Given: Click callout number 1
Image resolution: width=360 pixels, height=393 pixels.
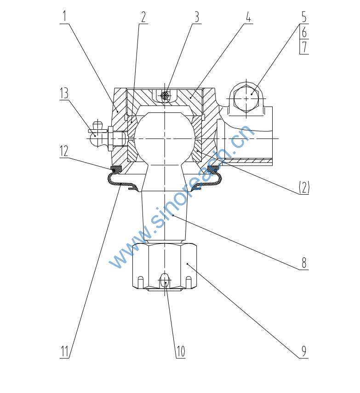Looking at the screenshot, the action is click(64, 16).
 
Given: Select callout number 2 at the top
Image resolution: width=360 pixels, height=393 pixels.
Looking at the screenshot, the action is click(143, 17).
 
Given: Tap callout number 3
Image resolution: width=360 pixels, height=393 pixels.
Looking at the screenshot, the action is click(197, 17).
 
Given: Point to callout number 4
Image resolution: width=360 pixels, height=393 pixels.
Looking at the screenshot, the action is click(248, 17).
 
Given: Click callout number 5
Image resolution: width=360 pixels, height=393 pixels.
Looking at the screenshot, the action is click(304, 17).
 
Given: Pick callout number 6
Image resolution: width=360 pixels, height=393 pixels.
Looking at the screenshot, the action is click(304, 32).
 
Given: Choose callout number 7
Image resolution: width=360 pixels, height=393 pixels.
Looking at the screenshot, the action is click(304, 47).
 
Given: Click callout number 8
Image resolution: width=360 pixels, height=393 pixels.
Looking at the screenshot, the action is click(304, 263).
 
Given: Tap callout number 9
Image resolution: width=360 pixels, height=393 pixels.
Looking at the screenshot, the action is click(304, 351).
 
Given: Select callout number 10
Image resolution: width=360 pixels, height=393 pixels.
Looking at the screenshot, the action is click(181, 351).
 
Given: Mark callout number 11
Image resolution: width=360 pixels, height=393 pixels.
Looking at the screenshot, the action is click(64, 351).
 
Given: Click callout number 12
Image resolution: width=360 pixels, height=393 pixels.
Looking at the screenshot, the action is click(64, 151).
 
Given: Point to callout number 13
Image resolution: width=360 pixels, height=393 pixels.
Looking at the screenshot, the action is click(64, 93).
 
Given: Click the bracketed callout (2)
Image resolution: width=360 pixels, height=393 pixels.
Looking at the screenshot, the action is click(304, 187).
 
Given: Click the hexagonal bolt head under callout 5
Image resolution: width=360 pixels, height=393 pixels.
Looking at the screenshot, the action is click(246, 99).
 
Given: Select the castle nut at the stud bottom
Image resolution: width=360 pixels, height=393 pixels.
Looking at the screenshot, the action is click(165, 267).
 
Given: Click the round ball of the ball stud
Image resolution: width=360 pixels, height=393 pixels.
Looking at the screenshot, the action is click(165, 139).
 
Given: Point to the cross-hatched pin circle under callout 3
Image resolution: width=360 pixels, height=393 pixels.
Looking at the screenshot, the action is click(165, 96).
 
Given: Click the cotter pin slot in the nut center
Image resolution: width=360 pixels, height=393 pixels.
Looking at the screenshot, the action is click(165, 281).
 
